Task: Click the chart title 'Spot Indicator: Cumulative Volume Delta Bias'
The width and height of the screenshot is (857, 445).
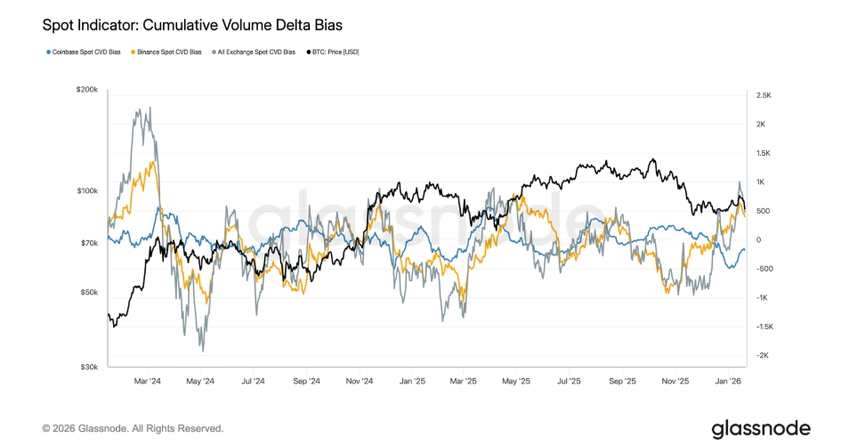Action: pos(192,25)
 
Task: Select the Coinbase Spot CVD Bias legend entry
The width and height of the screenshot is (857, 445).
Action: pos(84,52)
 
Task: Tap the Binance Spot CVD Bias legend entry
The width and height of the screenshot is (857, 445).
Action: pos(166,52)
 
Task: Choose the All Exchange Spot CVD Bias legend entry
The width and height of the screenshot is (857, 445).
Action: pos(254,52)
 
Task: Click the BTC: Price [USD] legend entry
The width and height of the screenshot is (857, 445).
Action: pos(333,52)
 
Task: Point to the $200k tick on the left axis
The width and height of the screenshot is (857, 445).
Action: pos(87,90)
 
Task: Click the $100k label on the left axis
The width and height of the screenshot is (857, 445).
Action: pos(87,190)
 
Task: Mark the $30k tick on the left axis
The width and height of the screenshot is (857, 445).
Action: pos(89,367)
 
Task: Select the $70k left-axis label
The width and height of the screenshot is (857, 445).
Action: pos(89,243)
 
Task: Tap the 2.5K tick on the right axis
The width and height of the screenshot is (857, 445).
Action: pos(764,95)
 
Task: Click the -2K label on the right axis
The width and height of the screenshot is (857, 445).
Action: pos(762,355)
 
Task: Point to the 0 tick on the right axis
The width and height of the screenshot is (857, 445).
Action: pos(758,239)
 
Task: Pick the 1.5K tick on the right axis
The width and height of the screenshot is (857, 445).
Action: pos(763,153)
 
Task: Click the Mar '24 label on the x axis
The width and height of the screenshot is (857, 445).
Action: pos(148,381)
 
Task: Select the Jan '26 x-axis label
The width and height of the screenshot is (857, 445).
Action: pos(728,381)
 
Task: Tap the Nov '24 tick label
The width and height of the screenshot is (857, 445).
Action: pos(360,381)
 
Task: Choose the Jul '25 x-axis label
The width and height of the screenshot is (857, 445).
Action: pos(569,381)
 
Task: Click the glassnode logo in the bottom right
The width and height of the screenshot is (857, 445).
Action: pos(761,429)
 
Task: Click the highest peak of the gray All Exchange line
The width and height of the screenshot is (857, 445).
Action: pos(150,107)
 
